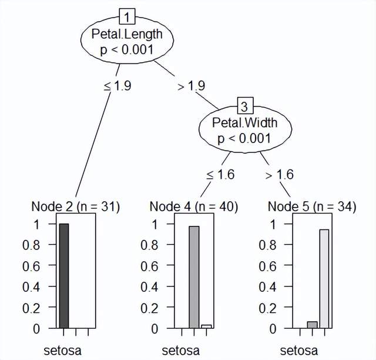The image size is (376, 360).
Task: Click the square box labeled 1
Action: pyautogui.click(x=127, y=14)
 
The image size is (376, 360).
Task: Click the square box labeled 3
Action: pyautogui.click(x=244, y=106)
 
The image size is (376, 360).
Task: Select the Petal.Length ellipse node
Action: pyautogui.click(x=127, y=41)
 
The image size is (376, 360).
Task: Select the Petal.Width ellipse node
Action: pyautogui.click(x=244, y=131)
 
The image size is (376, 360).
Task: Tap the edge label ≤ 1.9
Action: pyautogui.click(x=117, y=85)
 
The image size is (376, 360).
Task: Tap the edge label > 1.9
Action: pyautogui.click(x=190, y=85)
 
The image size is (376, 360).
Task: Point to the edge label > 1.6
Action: pyautogui.click(x=279, y=175)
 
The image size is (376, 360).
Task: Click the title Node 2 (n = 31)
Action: pyautogui.click(x=75, y=206)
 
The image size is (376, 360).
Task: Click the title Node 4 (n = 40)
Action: pyautogui.click(x=194, y=206)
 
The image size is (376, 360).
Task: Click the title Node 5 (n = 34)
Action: pyautogui.click(x=311, y=206)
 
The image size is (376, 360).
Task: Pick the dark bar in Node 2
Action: pyautogui.click(x=64, y=276)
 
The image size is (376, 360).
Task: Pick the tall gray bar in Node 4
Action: pyautogui.click(x=194, y=277)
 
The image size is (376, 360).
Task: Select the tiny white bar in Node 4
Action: pyautogui.click(x=206, y=326)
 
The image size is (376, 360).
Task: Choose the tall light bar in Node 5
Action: pyautogui.click(x=324, y=279)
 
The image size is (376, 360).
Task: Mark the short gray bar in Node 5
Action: pyautogui.click(x=312, y=325)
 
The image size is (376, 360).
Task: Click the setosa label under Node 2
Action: pyautogui.click(x=62, y=351)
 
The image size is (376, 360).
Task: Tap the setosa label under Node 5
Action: pyautogui.click(x=298, y=351)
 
